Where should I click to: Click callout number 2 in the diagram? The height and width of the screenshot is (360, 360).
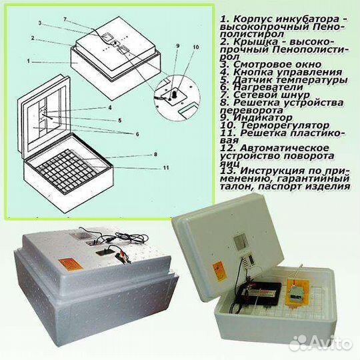31,39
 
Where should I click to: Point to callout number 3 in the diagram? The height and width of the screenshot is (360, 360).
40,23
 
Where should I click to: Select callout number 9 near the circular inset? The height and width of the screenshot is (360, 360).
178,46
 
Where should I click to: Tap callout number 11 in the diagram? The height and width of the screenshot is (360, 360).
164,167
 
